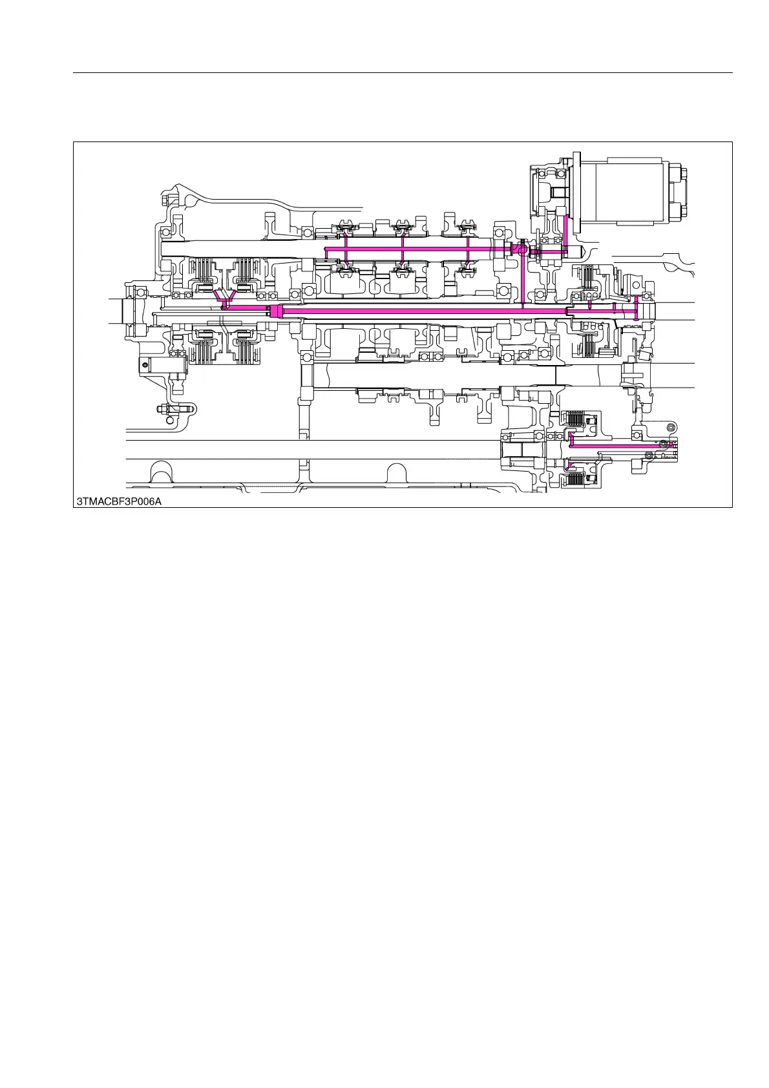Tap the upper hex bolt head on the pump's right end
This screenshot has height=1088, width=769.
pos(682,175)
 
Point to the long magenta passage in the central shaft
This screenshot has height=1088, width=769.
pos(420,311)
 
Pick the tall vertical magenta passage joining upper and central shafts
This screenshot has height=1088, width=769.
pos(522,278)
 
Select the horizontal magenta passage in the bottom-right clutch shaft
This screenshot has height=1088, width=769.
pos(620,446)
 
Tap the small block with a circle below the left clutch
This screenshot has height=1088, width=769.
pos(147,365)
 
